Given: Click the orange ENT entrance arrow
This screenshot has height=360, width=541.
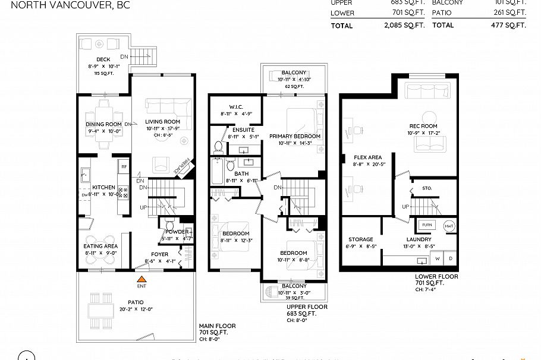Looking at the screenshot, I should pyautogui.click(x=141, y=278).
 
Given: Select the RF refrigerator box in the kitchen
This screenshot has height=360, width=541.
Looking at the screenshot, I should pyautogui.click(x=124, y=167).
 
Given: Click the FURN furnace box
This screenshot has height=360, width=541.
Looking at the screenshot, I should pyautogui.click(x=426, y=225).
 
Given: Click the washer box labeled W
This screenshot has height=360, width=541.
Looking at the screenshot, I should pyautogui.click(x=438, y=258).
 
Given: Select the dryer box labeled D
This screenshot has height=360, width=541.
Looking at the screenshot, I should pyautogui.click(x=450, y=258).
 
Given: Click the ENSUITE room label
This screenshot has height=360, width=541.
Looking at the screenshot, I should pyautogui.click(x=227, y=130).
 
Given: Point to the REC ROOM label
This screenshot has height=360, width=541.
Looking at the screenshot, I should pyautogui.click(x=423, y=126).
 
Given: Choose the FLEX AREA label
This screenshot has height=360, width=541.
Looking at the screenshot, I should pyautogui.click(x=367, y=157).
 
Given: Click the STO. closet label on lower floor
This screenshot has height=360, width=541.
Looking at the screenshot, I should pyautogui.click(x=427, y=188).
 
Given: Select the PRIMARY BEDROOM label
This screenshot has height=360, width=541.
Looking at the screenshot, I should pyautogui.click(x=295, y=136).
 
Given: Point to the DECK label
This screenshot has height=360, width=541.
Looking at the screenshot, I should pyautogui.click(x=103, y=59).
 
